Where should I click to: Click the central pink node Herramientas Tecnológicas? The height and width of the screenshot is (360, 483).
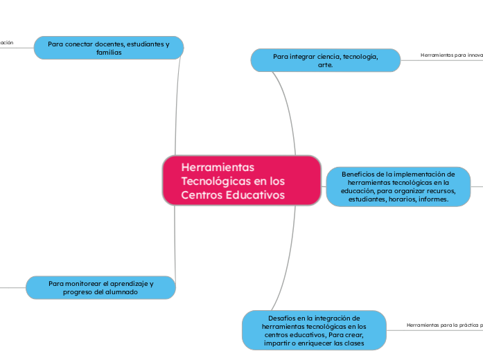point(241,180)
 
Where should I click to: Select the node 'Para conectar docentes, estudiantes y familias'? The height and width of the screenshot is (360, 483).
point(109,48)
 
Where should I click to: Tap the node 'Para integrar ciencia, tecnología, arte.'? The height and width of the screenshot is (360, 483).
point(325,60)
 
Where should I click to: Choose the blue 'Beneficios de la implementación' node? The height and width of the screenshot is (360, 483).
point(398,186)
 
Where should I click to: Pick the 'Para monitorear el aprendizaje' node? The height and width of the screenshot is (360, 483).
point(100,287)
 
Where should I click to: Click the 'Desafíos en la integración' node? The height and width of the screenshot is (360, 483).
point(314,330)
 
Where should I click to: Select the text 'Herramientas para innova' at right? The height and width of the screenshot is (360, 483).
point(451,55)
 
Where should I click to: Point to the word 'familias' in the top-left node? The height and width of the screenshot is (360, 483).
point(109,53)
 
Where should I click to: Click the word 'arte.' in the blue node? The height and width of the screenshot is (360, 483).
point(325,65)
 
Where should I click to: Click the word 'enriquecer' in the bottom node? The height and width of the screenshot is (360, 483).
point(316,343)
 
